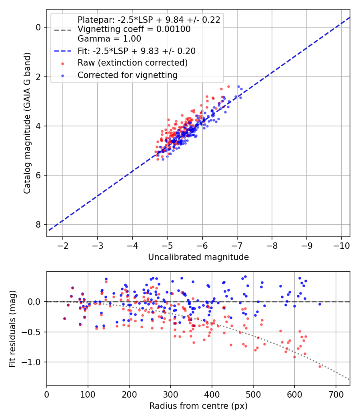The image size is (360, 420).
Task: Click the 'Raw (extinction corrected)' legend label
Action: coord(132,63)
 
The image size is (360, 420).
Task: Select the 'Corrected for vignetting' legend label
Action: coord(128,75)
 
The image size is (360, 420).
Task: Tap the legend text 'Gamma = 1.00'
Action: coord(109,39)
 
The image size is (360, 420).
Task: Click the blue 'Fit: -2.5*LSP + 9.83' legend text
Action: coord(136,51)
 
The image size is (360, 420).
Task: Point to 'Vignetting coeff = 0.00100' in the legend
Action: coord(134,29)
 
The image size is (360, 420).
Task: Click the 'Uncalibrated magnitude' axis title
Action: coord(198,257)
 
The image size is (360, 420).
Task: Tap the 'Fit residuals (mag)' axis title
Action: coord(12,328)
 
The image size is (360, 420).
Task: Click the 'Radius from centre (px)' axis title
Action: coord(198,406)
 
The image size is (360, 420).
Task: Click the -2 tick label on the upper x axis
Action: coord(63,245)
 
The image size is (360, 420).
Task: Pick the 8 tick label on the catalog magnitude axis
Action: coord(39,224)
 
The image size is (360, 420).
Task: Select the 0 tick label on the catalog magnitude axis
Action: coord(39,27)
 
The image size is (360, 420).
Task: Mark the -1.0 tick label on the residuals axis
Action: coord(33,362)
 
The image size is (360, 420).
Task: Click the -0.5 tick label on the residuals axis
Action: coord(33,332)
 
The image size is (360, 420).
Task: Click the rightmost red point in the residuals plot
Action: coord(320,366)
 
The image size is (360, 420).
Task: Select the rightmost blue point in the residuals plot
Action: coord(320,304)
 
